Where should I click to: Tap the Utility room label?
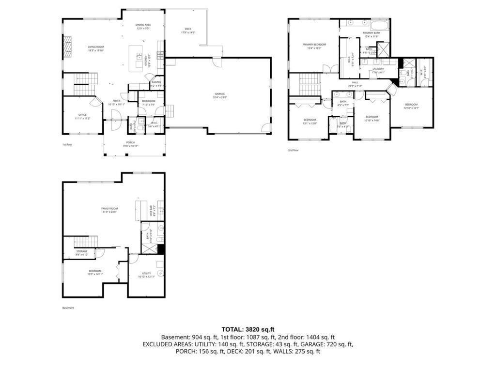(146, 275)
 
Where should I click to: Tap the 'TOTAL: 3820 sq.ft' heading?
(248, 329)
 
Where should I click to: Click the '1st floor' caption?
(67, 144)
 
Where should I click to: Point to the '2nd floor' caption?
(293, 150)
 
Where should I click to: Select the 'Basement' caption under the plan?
(68, 308)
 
